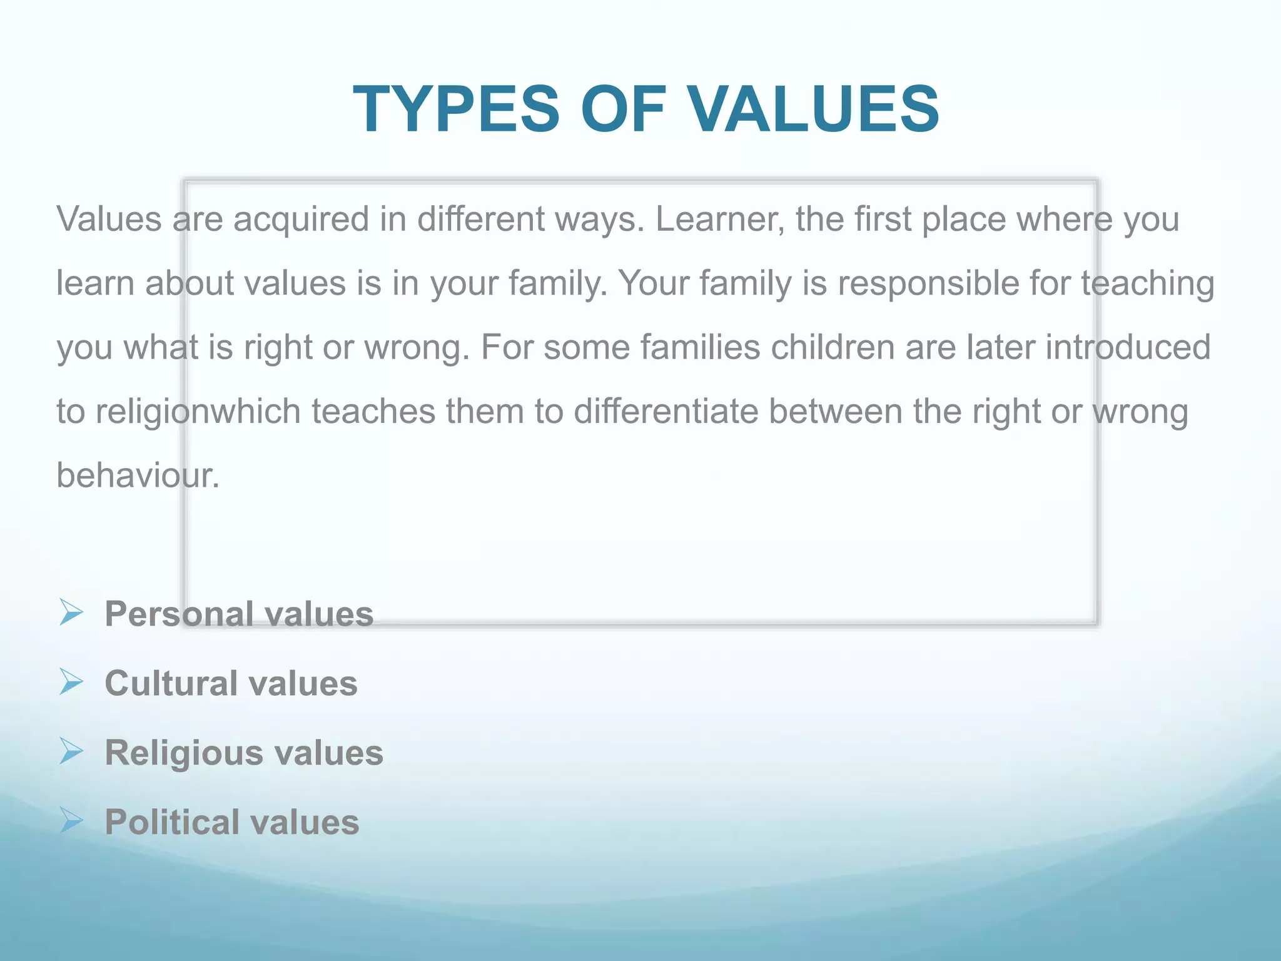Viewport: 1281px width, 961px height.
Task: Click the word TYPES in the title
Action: pyautogui.click(x=456, y=109)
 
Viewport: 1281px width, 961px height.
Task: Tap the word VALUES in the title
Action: pyautogui.click(x=813, y=109)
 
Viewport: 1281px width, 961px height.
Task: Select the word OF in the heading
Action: pyautogui.click(x=622, y=109)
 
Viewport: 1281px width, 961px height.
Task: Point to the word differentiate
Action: pyautogui.click(x=666, y=411)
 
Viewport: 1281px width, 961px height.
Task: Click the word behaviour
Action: pyautogui.click(x=138, y=475)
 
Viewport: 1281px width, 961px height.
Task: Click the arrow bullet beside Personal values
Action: pyautogui.click(x=71, y=612)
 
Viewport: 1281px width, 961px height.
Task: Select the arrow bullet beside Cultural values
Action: pyautogui.click(x=71, y=681)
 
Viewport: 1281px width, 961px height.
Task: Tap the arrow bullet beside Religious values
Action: pyautogui.click(x=71, y=751)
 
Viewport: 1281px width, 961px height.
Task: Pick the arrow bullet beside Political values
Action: pyautogui.click(x=71, y=820)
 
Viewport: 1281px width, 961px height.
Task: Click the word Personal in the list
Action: pyautogui.click(x=179, y=614)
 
